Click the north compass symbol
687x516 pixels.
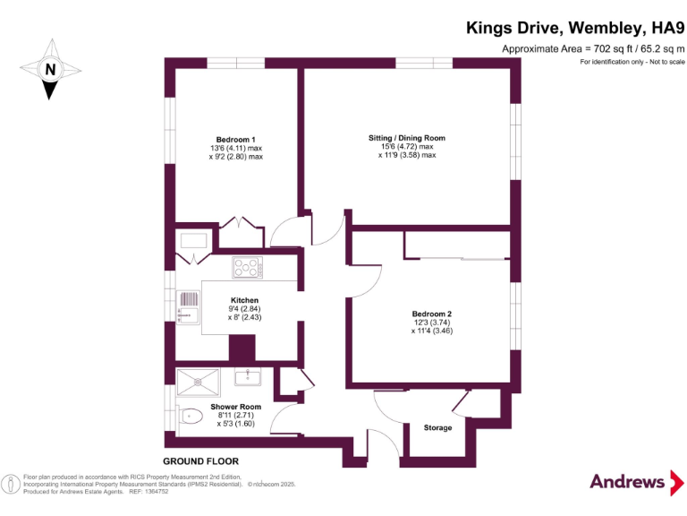coord(51,69)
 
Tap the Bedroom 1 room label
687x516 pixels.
coord(236,139)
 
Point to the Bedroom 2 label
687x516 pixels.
coord(431,314)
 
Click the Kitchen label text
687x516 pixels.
coord(244,300)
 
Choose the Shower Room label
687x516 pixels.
coord(236,407)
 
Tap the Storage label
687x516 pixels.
coord(437,428)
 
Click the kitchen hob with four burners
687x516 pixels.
coord(246,266)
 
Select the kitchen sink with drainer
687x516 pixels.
coord(190,307)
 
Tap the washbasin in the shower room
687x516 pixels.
coord(248,376)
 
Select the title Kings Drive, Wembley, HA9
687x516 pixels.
coord(575,28)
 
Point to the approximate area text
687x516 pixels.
coord(593,48)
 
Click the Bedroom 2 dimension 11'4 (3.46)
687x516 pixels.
coord(431,331)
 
